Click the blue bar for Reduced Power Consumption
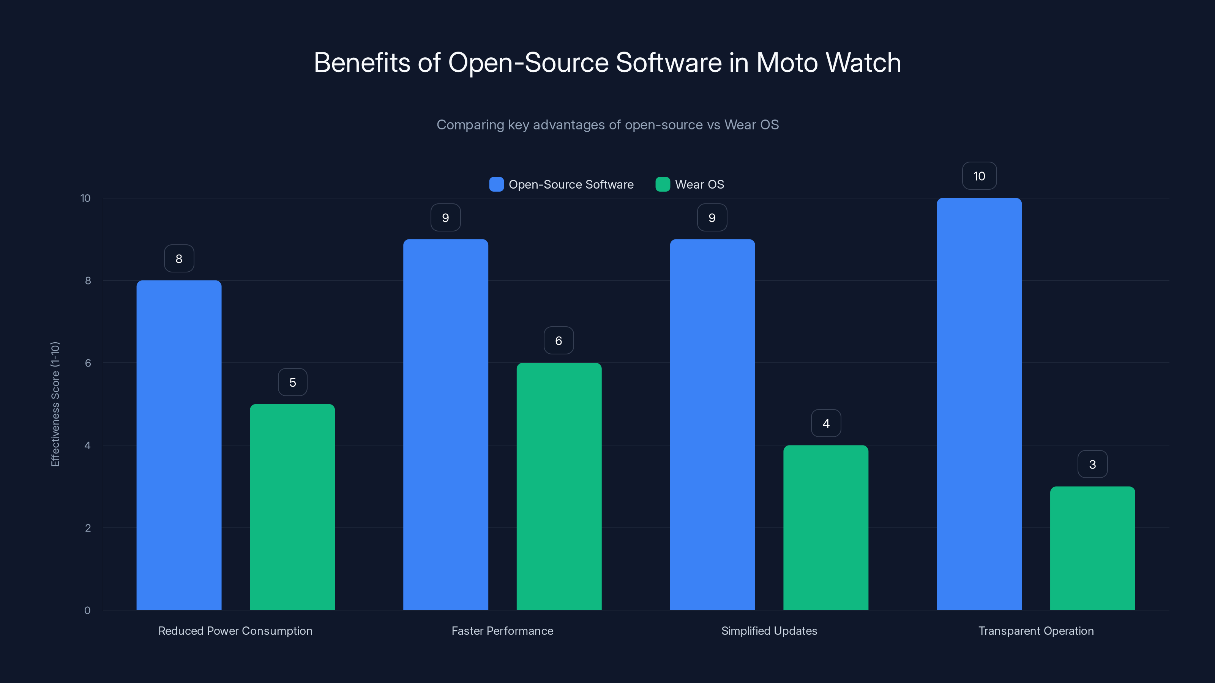(x=179, y=445)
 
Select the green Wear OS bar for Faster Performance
(x=559, y=486)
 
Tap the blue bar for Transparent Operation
(x=979, y=404)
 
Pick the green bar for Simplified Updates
(x=825, y=527)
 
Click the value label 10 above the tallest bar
(x=979, y=176)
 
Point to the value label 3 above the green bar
(x=1092, y=464)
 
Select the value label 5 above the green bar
(x=292, y=382)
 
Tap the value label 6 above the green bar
(x=559, y=341)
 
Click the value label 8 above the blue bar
(x=179, y=258)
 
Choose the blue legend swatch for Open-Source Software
(x=496, y=184)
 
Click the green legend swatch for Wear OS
(x=663, y=184)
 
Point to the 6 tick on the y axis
(x=88, y=363)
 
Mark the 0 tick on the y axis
(x=87, y=611)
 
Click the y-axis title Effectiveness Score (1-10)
(x=55, y=404)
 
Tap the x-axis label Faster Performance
(x=502, y=631)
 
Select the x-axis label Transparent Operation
(x=1036, y=631)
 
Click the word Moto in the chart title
(x=787, y=63)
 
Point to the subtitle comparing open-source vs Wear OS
(x=607, y=124)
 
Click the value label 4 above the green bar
(x=826, y=423)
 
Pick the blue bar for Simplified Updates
(x=712, y=424)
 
